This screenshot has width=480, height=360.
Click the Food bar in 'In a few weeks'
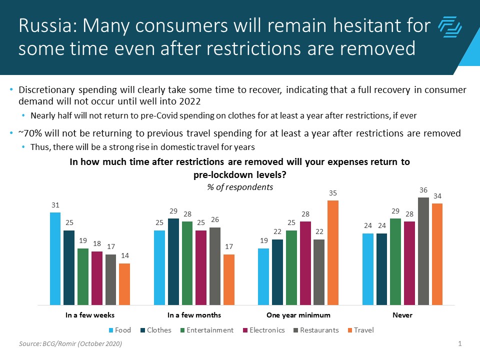[55, 258]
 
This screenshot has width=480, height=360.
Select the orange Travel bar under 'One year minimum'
[332, 252]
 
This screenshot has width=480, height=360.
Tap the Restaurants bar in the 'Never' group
[423, 251]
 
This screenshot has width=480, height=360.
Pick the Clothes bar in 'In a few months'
[173, 261]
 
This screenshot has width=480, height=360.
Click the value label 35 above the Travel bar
[332, 192]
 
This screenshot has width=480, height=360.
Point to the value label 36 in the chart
[423, 189]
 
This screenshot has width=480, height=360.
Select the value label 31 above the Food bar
[55, 204]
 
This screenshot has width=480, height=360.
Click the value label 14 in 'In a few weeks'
[124, 255]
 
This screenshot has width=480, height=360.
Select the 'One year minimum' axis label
[298, 315]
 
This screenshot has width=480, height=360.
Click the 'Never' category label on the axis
[402, 315]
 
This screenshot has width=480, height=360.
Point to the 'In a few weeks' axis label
[90, 315]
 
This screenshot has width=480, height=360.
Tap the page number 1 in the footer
[459, 343]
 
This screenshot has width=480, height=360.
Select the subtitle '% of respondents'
[240, 187]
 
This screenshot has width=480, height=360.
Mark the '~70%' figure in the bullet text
[28, 134]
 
